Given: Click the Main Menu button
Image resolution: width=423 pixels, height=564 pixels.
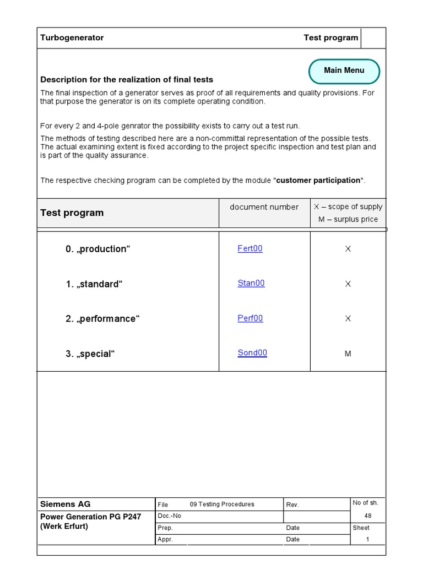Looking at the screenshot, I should pyautogui.click(x=344, y=70).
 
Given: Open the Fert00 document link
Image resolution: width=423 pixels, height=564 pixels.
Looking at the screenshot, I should pyautogui.click(x=250, y=248).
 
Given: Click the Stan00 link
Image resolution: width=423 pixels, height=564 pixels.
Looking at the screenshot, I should pyautogui.click(x=251, y=283).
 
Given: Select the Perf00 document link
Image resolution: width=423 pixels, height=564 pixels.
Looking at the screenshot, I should pyautogui.click(x=250, y=318).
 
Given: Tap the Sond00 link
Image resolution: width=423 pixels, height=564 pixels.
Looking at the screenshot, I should pyautogui.click(x=252, y=352).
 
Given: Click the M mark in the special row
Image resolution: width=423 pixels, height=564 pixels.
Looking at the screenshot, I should pyautogui.click(x=348, y=354).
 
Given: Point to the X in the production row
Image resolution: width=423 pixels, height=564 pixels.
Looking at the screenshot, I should pyautogui.click(x=348, y=249).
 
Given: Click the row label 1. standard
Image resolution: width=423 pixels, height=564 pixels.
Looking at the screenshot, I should pyautogui.click(x=94, y=284).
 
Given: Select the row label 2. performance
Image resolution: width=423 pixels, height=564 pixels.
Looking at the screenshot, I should pyautogui.click(x=102, y=319).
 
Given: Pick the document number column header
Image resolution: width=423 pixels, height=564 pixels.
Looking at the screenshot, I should pyautogui.click(x=264, y=207).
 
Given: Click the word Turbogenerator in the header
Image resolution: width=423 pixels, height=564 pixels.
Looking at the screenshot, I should pyautogui.click(x=72, y=38).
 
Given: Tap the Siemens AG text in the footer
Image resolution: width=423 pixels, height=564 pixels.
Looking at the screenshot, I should pyautogui.click(x=66, y=504).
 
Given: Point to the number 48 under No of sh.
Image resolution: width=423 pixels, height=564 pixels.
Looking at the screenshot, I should pyautogui.click(x=368, y=516).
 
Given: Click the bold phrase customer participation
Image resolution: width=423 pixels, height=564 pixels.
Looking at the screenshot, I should pyautogui.click(x=318, y=181).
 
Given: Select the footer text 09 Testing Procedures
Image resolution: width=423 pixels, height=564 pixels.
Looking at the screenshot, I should pyautogui.click(x=222, y=504).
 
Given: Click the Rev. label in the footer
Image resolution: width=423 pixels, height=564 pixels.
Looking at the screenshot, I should pyautogui.click(x=292, y=505).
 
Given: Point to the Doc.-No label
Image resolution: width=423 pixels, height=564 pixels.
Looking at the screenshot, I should pyautogui.click(x=169, y=516).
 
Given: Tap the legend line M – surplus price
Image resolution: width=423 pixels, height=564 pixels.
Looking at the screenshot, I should pyautogui.click(x=348, y=219).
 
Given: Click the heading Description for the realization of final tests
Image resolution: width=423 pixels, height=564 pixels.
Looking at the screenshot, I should pyautogui.click(x=127, y=80).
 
